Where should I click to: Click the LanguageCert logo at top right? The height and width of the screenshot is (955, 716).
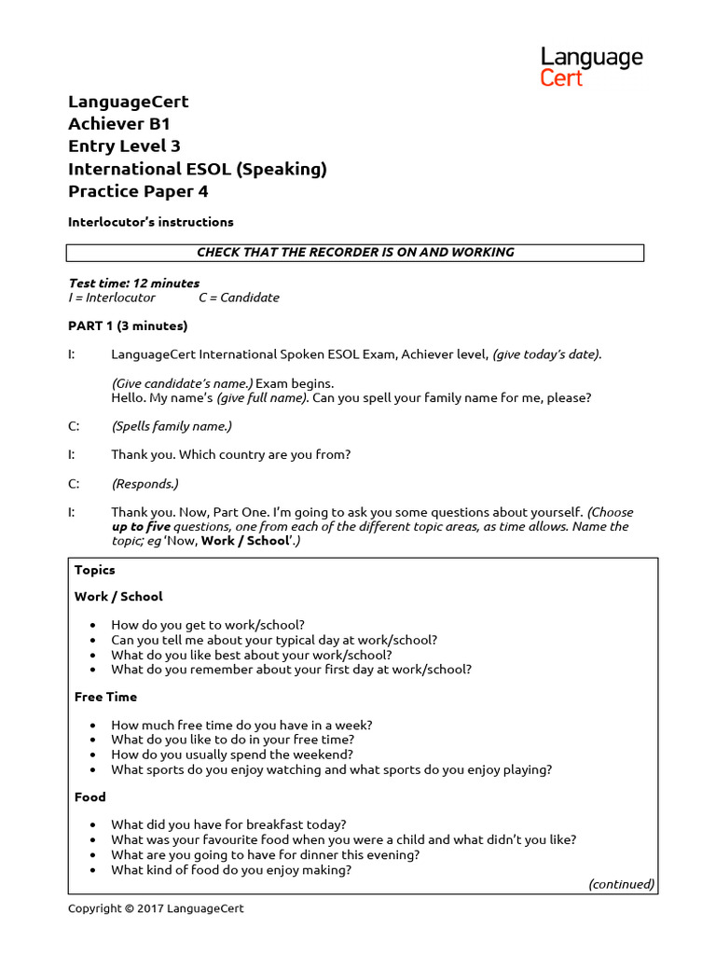(591, 67)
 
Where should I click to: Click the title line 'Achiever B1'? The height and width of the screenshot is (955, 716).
(119, 124)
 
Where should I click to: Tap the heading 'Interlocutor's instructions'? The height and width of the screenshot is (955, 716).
(150, 222)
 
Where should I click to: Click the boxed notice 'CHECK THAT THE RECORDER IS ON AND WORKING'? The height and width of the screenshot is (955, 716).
(354, 253)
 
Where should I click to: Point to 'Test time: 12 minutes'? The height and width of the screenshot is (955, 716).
(134, 283)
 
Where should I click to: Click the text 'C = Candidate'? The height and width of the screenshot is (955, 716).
(239, 298)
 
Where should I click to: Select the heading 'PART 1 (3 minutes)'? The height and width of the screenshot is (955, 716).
(128, 325)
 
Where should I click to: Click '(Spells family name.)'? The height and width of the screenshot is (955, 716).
(171, 426)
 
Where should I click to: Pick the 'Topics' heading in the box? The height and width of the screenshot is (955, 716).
(95, 569)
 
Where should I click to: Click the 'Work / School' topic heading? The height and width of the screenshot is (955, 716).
(118, 596)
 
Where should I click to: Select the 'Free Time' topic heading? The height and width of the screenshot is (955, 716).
(105, 697)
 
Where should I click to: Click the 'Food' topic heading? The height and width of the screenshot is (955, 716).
(90, 796)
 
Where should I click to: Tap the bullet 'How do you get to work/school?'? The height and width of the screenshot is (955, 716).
(207, 625)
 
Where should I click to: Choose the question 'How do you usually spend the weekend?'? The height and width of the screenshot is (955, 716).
(232, 754)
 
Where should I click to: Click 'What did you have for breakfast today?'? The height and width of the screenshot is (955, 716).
(228, 824)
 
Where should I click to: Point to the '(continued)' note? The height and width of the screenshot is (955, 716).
(621, 883)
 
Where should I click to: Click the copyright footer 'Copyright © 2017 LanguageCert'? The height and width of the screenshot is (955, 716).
(156, 908)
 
